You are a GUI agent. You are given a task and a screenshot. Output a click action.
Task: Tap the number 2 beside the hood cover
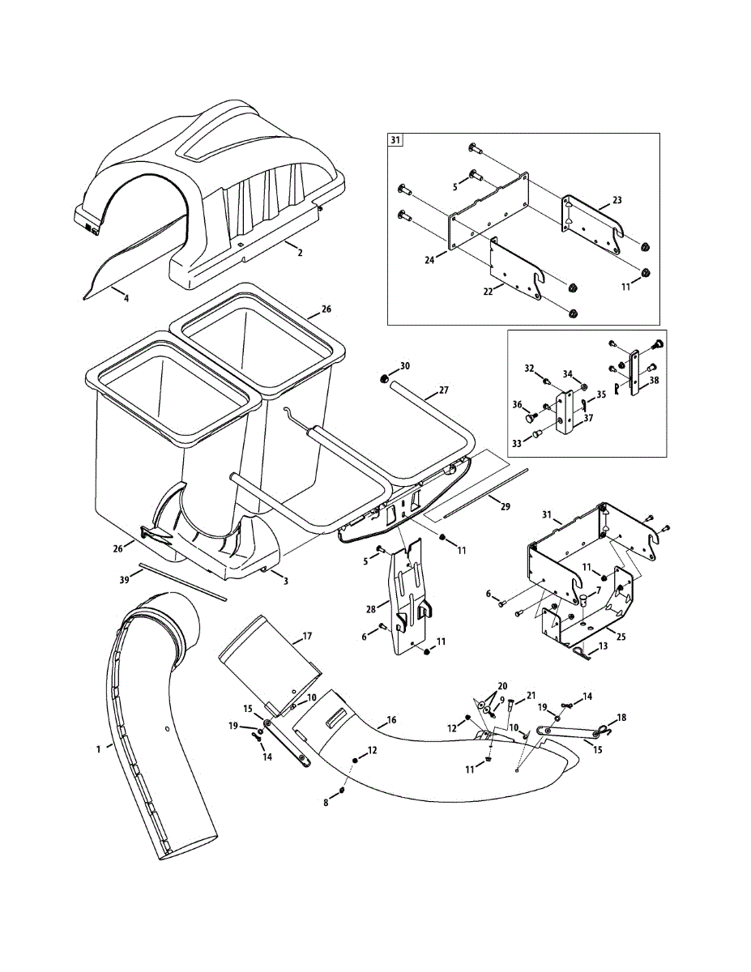click(300, 253)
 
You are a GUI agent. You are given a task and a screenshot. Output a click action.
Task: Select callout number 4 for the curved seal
click(126, 298)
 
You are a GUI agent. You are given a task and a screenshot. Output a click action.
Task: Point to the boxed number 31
click(395, 141)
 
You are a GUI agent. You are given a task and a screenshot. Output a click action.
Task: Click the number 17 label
click(307, 637)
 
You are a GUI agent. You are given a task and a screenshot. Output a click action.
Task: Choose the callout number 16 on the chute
click(391, 719)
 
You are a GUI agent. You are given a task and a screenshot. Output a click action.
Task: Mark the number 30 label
click(405, 366)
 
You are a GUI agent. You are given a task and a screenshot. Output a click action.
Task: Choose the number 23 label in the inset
click(617, 199)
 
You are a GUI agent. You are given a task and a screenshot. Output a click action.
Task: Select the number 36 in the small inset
click(517, 404)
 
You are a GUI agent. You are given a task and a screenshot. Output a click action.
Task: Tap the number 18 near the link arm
click(621, 717)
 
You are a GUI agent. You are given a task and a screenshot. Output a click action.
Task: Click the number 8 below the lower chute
click(326, 803)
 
